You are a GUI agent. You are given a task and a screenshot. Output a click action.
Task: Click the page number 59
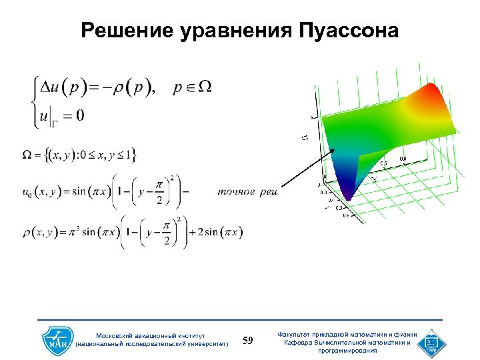[x=247, y=341]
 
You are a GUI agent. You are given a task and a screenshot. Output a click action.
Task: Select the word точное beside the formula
[x=236, y=192]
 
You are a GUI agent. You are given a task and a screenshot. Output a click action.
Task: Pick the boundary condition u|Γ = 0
[x=62, y=116]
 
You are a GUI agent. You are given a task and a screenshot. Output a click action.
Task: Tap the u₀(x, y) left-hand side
[x=45, y=192]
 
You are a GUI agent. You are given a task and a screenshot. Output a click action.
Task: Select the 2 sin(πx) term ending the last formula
[x=216, y=233]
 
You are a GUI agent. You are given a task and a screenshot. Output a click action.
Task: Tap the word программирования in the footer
[x=347, y=350]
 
